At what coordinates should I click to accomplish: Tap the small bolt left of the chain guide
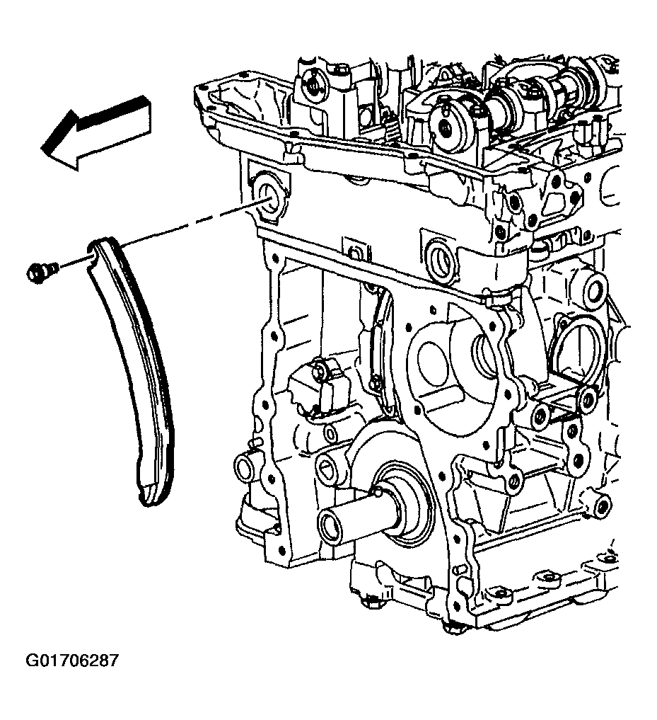pyautogui.click(x=41, y=273)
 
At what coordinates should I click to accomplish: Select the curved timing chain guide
pyautogui.click(x=133, y=367)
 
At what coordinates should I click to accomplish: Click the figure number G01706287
pyautogui.click(x=71, y=661)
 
